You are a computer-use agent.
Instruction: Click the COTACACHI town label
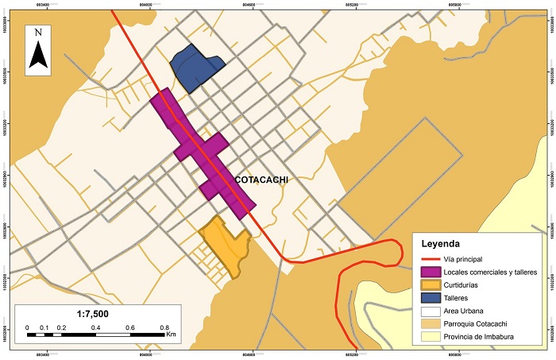[x=261, y=180]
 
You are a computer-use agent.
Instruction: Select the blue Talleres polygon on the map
[x=195, y=68]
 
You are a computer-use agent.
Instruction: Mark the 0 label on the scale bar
[x=27, y=327]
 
